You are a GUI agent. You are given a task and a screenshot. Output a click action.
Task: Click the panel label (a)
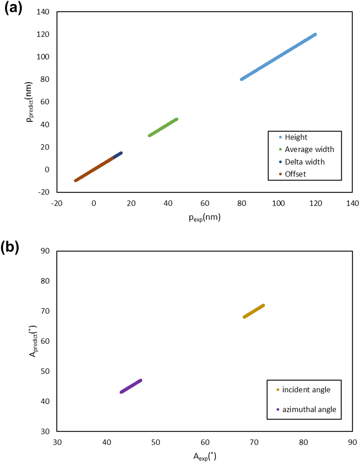coord(13,8)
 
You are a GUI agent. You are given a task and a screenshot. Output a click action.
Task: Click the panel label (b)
coord(10,247)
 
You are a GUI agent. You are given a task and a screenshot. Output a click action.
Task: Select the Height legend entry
coord(296,137)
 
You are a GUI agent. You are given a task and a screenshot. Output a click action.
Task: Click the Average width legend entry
coord(309,149)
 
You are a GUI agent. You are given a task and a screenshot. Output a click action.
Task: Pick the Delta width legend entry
coord(304,162)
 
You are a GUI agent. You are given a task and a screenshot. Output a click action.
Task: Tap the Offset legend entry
coord(295,174)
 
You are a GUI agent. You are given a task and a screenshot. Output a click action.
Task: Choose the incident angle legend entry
coord(306,389)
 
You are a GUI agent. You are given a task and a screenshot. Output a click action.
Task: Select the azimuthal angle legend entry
coord(309,409)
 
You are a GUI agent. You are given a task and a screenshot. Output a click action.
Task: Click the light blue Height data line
coord(279,57)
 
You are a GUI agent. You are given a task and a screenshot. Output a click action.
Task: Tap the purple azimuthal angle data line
coord(131,386)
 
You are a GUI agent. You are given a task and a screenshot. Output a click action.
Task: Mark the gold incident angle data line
coord(254,311)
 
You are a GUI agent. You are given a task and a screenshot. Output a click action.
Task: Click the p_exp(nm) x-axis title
coord(205,217)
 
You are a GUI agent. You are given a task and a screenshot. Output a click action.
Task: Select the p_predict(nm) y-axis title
coord(29,102)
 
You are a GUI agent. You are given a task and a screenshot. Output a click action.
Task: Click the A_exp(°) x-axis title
coord(205,456)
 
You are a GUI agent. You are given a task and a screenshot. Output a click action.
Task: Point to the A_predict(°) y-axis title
coord(33,341)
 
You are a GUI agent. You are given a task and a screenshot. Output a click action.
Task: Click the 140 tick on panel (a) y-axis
coord(43,12)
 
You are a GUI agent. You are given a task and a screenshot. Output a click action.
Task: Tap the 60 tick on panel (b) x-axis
coord(205,442)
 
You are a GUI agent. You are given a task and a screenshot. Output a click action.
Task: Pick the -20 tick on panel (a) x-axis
coord(56,203)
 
